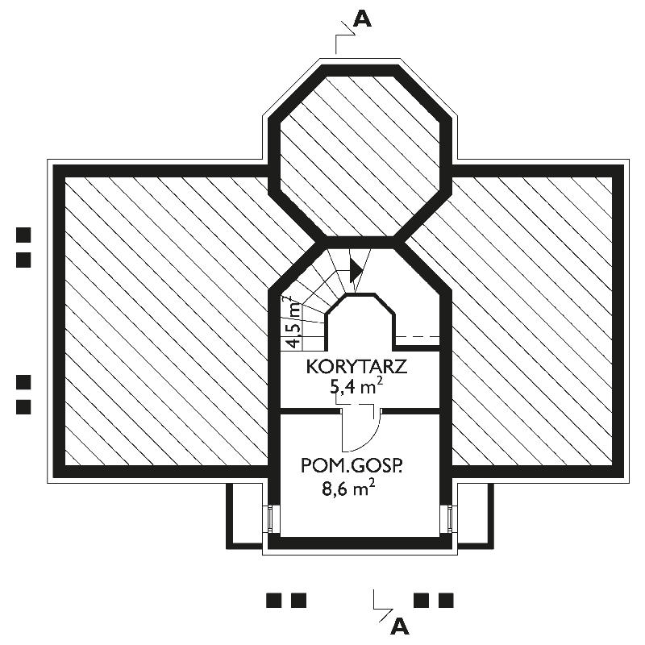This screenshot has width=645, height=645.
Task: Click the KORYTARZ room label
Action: point(356,367)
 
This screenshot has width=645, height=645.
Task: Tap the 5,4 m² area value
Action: point(356,387)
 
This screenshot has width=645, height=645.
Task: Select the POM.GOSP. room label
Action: point(352,466)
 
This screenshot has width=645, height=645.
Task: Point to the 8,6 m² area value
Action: point(348,489)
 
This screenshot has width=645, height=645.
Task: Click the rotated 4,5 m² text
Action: point(293,322)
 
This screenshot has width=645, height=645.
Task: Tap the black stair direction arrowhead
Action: point(356,270)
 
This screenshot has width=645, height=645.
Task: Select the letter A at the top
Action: point(362,19)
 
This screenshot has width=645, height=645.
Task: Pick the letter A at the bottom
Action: point(400,626)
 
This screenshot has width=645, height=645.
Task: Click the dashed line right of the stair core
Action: point(418,337)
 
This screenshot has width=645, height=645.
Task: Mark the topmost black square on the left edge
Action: point(23,235)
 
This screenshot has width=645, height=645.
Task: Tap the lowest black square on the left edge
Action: point(23,407)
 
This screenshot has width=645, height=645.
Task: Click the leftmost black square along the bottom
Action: point(274,600)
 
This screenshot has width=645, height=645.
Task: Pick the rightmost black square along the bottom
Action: point(446,600)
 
